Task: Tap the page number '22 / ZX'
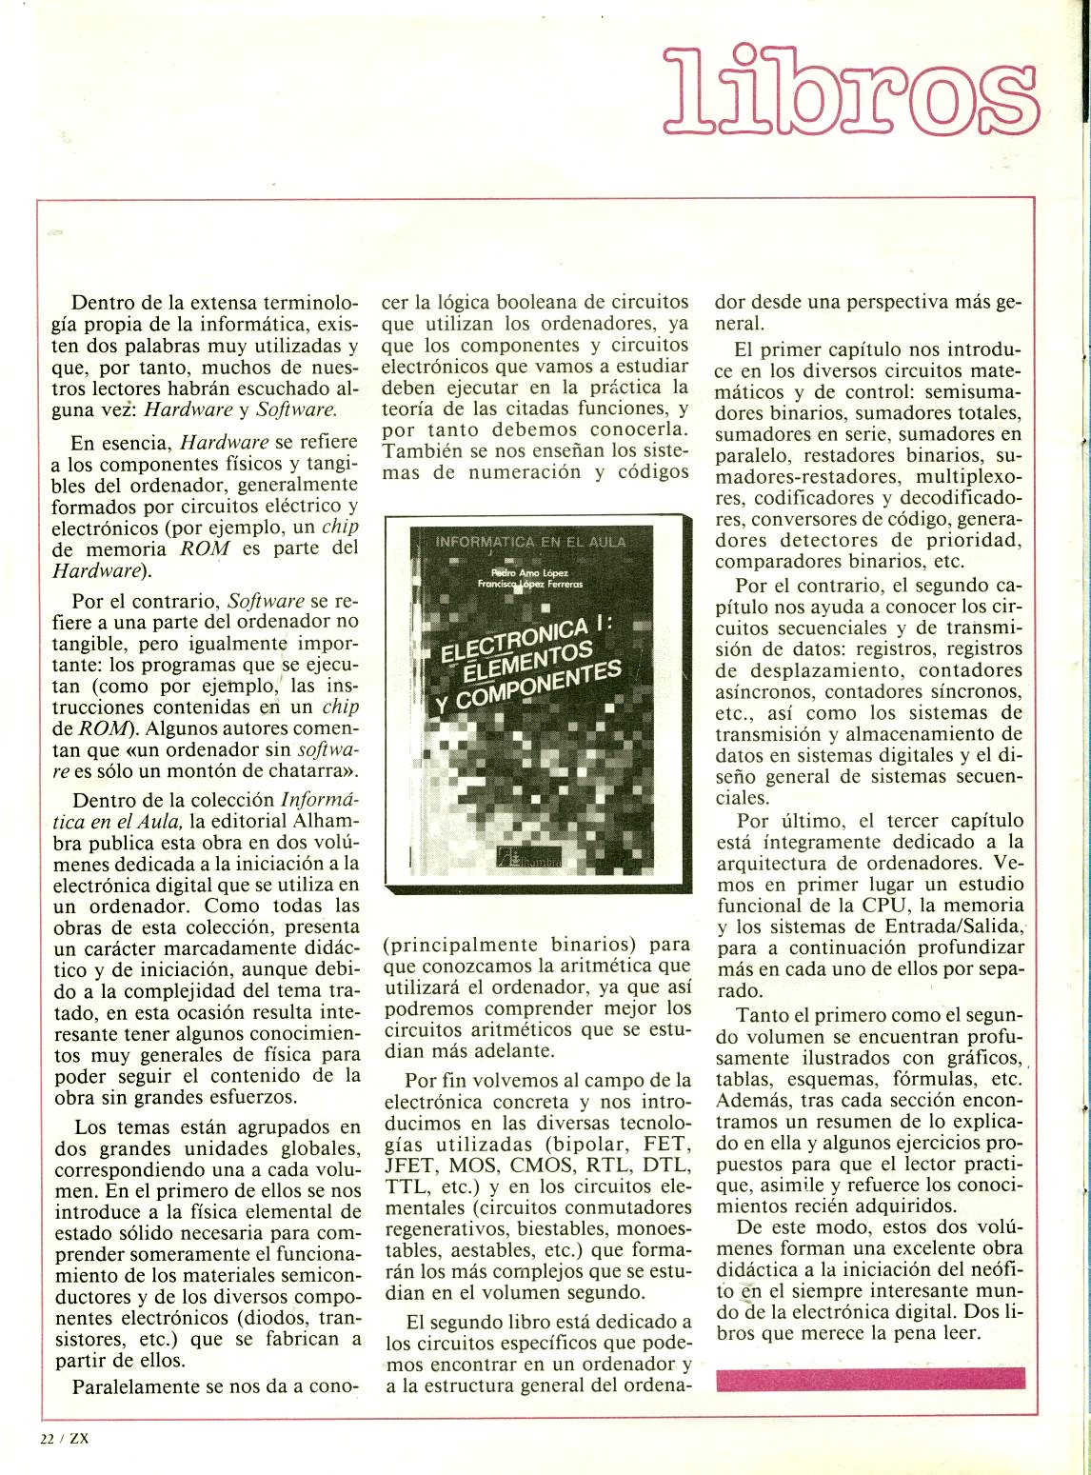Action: [64, 1439]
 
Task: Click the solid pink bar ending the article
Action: [870, 1378]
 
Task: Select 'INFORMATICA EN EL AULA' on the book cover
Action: [530, 542]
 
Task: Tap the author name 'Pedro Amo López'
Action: [529, 571]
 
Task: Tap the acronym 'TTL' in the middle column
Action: [405, 1187]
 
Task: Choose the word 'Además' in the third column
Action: [750, 1101]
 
